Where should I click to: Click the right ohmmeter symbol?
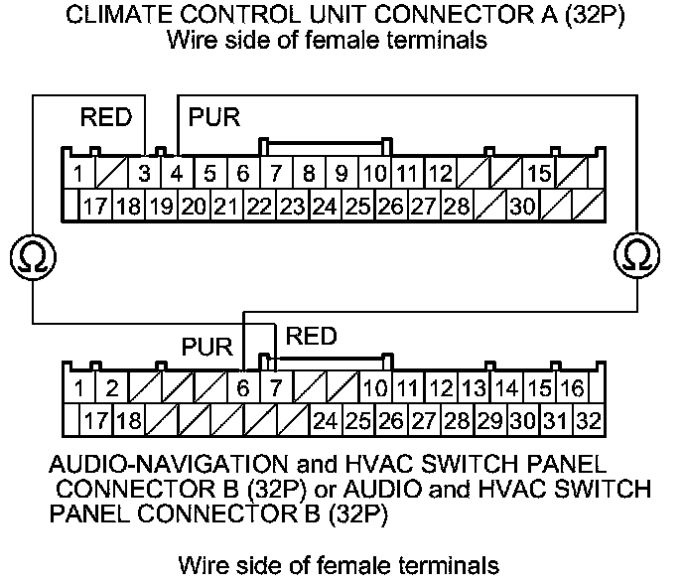point(636,257)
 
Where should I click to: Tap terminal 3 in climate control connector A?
point(145,174)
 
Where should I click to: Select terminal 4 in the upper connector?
point(177,174)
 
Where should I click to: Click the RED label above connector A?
point(106,117)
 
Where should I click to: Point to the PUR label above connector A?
point(213,117)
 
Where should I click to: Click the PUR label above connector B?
point(206,349)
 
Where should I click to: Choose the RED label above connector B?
point(311,337)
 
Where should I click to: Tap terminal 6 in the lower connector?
point(244,387)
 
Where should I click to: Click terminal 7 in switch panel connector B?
point(276,387)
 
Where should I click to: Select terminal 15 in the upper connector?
point(539,174)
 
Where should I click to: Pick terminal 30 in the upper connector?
point(522,207)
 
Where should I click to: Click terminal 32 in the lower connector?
point(589,419)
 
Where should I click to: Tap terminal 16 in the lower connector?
point(572,387)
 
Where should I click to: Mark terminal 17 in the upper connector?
point(94,207)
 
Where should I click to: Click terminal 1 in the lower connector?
point(78,387)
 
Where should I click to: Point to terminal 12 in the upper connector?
point(441,174)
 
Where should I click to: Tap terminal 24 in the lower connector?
point(325,419)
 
